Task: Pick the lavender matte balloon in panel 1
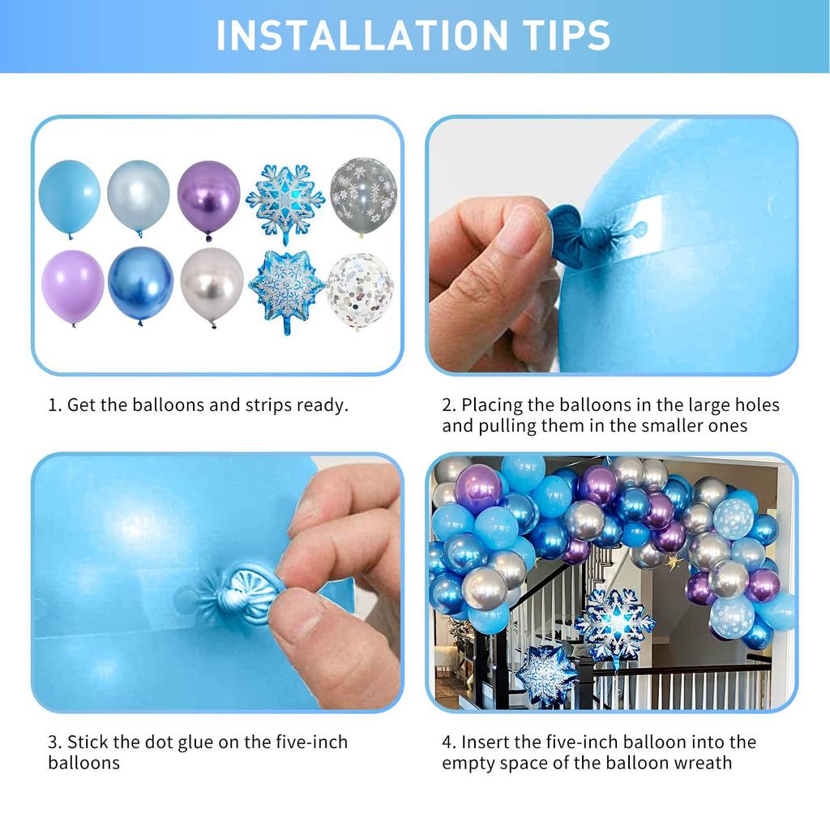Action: [x=72, y=288]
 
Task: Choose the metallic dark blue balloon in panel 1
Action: [x=140, y=285]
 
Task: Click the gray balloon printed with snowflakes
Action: [x=364, y=196]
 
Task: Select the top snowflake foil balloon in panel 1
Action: [x=285, y=202]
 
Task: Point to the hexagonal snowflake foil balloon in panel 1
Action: [x=286, y=290]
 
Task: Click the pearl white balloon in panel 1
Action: [x=138, y=197]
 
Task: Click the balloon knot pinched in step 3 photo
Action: [x=241, y=595]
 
